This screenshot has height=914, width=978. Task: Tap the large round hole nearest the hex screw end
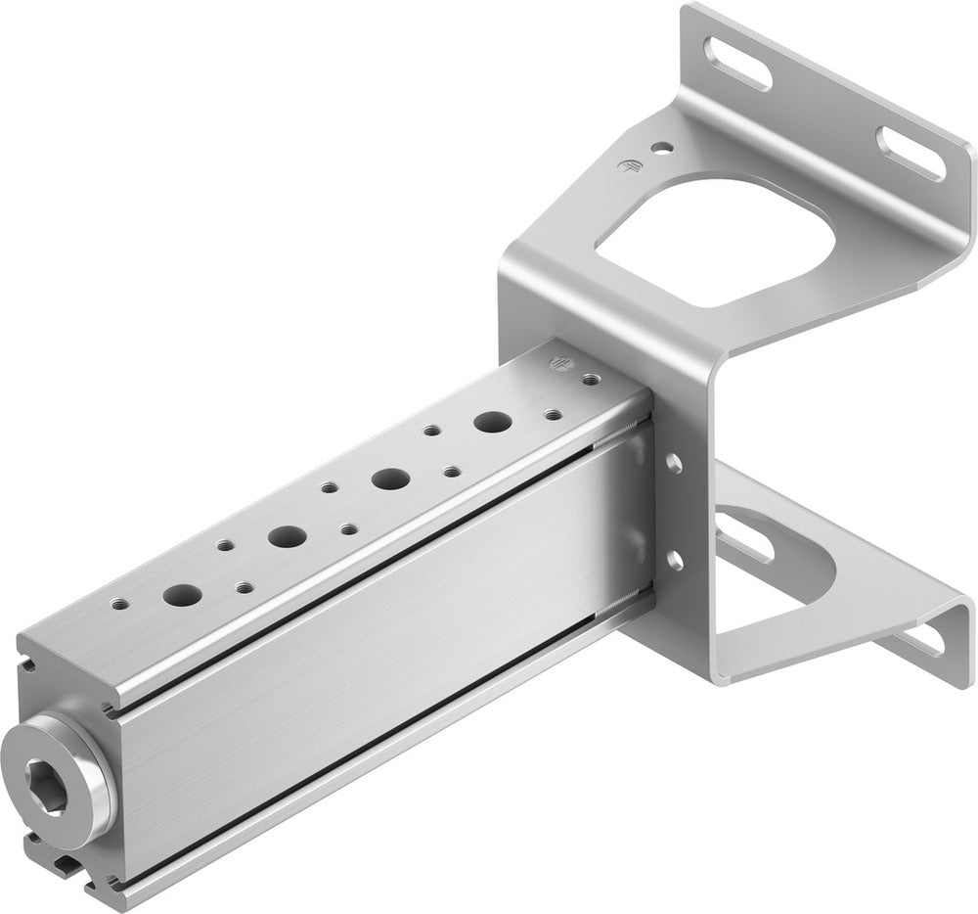click(x=181, y=593)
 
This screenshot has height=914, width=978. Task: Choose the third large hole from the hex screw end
click(x=389, y=479)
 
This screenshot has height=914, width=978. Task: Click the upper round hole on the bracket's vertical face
click(x=673, y=459)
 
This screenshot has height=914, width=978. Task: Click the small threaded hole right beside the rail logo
click(x=591, y=376)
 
